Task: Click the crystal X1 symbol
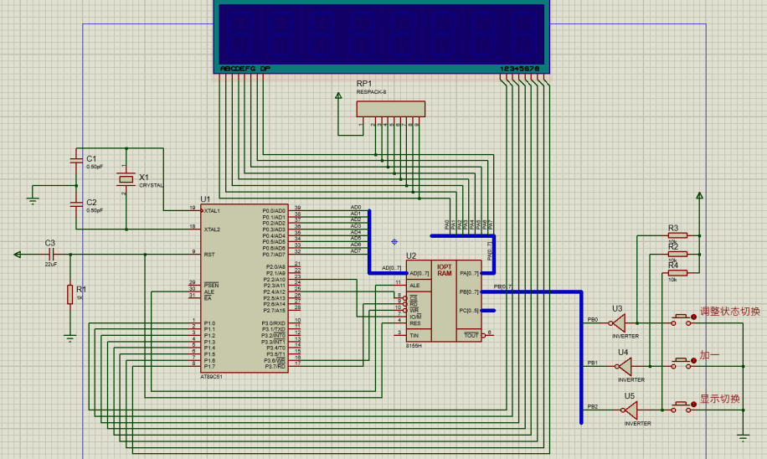126,178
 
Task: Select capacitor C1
79,165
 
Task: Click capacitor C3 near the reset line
49,253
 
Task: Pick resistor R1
69,294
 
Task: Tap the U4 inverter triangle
626,364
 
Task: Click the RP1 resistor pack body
390,109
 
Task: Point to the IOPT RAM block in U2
444,269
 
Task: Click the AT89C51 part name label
212,377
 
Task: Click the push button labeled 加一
682,364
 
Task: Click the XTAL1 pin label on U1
217,210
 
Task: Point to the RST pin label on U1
210,254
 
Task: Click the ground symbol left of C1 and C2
33,199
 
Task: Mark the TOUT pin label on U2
471,335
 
